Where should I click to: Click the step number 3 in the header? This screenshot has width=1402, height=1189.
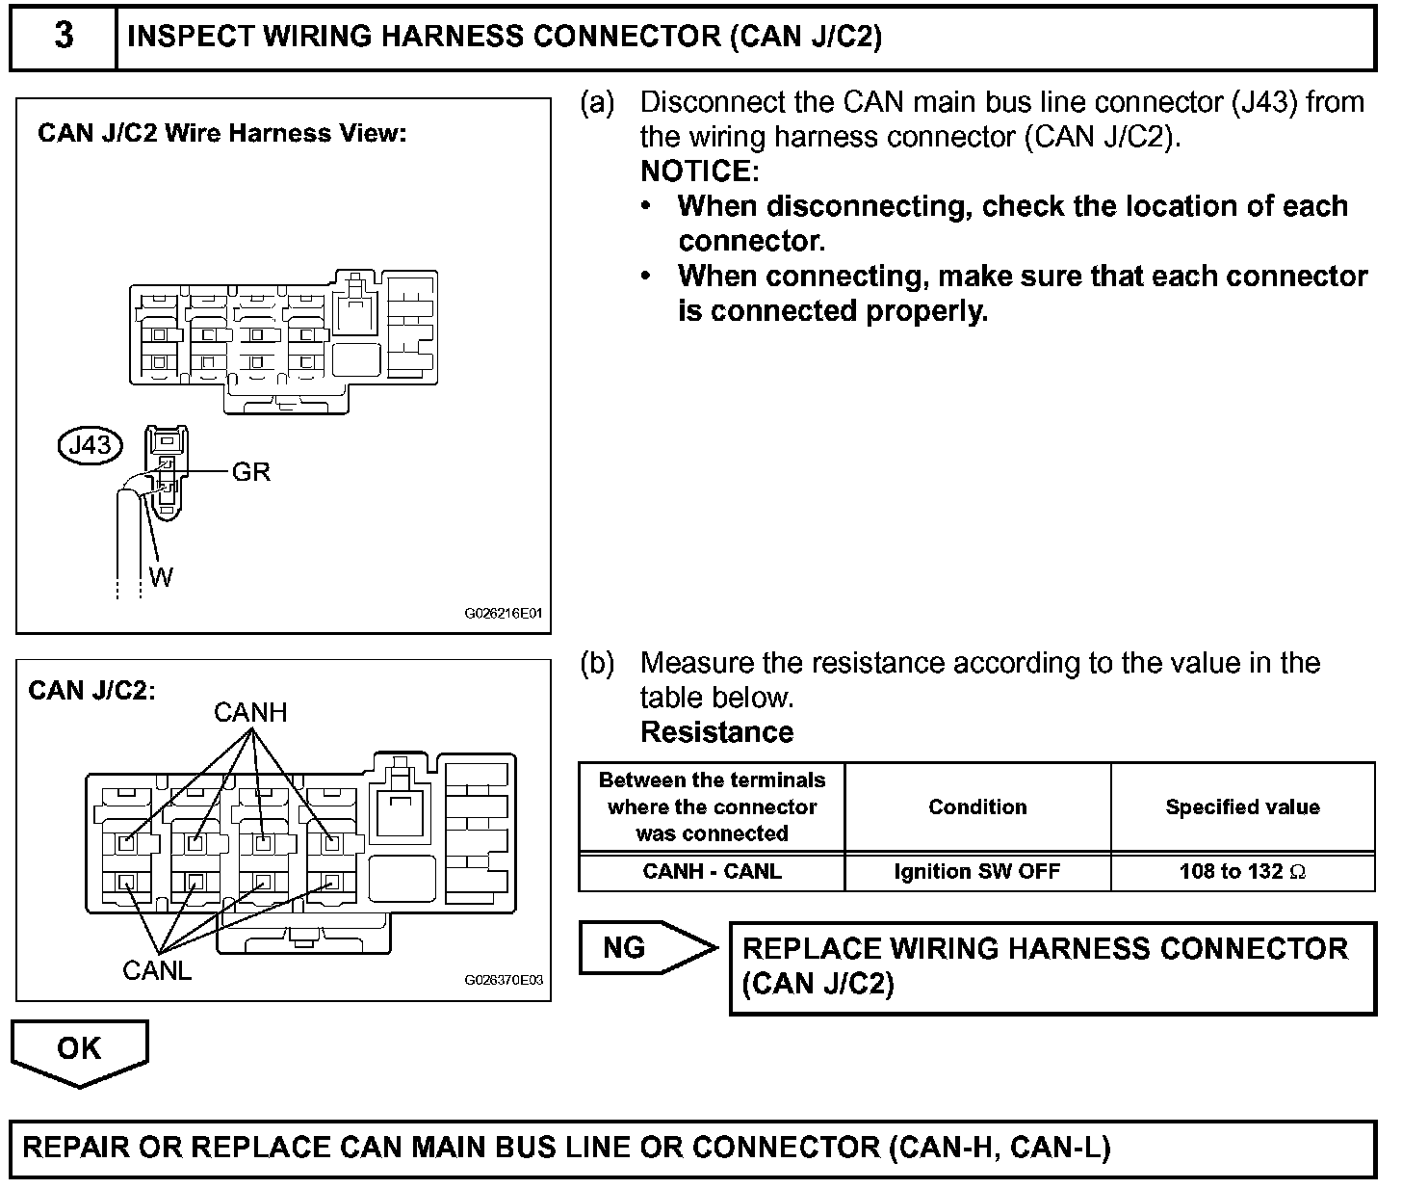coord(64,37)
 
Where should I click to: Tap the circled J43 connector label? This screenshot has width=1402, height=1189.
coord(91,445)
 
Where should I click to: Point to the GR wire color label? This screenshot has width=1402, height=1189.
coord(251,472)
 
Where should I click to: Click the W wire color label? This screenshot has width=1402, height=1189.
coord(162,577)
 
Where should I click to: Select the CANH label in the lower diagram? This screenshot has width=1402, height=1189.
coord(250,713)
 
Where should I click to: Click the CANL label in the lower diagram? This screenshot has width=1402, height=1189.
coord(157,971)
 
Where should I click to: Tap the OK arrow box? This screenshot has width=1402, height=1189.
coord(79,1050)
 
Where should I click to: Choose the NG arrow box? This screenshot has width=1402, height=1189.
coord(640,948)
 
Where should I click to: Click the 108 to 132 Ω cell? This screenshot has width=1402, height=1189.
coord(1242,872)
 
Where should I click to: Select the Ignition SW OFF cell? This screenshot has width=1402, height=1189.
coord(977,872)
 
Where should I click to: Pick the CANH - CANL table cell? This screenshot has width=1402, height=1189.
coord(712,872)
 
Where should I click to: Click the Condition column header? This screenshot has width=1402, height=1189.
coord(977,807)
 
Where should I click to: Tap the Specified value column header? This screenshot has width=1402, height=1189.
coord(1242,807)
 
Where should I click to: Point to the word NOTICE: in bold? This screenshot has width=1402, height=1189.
coord(700,172)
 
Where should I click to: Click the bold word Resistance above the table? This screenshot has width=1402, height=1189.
coord(716,732)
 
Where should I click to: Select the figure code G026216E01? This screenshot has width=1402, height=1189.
coord(504,613)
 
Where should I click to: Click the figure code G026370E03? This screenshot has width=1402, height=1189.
coord(504,980)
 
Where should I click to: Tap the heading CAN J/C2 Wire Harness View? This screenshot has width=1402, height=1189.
coord(222,133)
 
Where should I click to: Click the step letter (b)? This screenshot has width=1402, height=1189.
coord(597,663)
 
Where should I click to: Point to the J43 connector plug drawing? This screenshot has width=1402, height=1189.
coord(167,472)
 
